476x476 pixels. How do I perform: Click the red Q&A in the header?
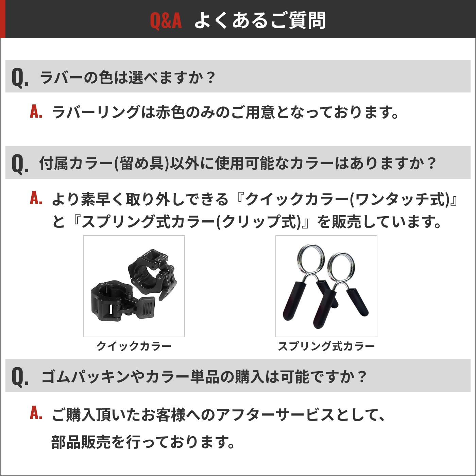point(166,20)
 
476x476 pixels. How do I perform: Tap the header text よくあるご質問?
point(260,20)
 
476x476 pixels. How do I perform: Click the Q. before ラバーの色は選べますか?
point(20,78)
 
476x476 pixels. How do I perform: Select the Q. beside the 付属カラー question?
point(20,164)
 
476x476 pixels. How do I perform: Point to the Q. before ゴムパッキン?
point(20,377)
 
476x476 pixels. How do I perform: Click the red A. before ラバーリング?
point(36,112)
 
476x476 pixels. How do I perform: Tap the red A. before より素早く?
point(36,198)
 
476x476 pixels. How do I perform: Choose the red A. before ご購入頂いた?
point(36,413)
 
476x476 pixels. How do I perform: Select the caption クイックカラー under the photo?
point(134,346)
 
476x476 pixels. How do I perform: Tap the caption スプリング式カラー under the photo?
point(326,346)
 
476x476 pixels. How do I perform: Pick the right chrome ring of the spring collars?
point(341,267)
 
